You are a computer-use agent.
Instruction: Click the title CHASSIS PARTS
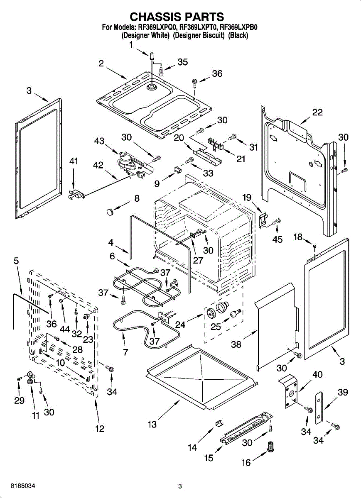[x=177, y=17]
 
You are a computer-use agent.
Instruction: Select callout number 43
[x=99, y=141]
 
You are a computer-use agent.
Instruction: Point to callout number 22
[x=317, y=112]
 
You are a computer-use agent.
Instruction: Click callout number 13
[x=152, y=424]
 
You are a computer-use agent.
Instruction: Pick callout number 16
[x=246, y=462]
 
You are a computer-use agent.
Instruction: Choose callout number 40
[x=317, y=375]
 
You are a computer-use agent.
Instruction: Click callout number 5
[x=16, y=261]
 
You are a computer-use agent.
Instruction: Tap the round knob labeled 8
[x=110, y=212]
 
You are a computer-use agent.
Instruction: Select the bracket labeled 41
[x=76, y=193]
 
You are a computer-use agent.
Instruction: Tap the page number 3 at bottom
[x=180, y=486]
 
